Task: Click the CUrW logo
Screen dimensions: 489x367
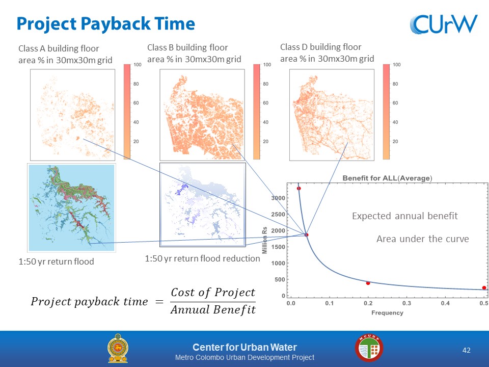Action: [444, 24]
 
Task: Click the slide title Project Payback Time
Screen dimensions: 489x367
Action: [106, 24]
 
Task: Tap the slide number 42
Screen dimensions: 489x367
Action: [466, 350]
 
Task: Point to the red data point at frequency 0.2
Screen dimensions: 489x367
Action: [368, 283]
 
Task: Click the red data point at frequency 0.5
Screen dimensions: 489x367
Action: [484, 287]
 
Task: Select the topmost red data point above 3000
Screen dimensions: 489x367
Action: [299, 189]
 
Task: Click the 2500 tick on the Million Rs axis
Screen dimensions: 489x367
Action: [278, 215]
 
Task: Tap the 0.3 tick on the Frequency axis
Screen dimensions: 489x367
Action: [406, 303]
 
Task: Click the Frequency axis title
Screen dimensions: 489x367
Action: [387, 312]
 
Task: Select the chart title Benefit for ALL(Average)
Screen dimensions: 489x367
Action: [387, 178]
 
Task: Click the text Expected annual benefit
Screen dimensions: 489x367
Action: [405, 216]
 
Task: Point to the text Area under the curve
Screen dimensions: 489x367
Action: [423, 239]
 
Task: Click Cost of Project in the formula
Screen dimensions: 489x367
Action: [213, 293]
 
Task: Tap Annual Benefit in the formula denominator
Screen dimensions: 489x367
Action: [213, 309]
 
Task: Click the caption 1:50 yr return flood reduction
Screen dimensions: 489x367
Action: [202, 258]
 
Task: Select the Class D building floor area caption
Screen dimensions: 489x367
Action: [327, 53]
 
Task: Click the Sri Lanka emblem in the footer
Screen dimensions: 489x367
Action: [118, 348]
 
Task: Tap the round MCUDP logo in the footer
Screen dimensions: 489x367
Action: [369, 348]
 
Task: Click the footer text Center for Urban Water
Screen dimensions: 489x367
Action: [245, 347]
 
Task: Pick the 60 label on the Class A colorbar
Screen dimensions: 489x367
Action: [136, 103]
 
